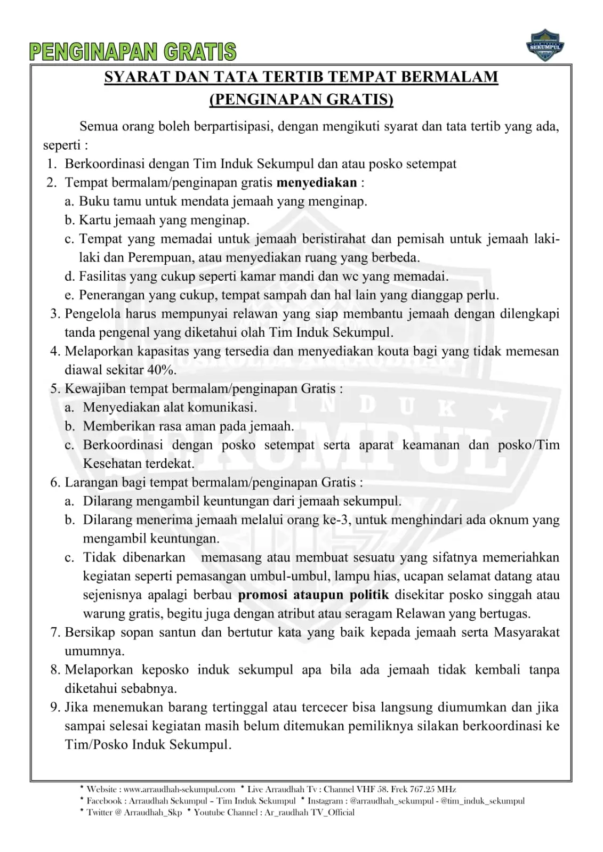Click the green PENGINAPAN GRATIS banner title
click(133, 52)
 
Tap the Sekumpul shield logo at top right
click(545, 45)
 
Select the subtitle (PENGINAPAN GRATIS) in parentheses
click(301, 100)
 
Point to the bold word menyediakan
click(317, 183)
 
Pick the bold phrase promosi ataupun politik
click(313, 595)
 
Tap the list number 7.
click(55, 632)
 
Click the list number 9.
click(55, 708)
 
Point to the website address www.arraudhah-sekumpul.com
click(179, 789)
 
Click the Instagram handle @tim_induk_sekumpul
click(483, 801)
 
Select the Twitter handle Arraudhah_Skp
click(153, 813)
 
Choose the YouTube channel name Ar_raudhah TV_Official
click(309, 813)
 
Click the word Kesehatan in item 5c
click(112, 464)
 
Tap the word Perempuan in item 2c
click(160, 258)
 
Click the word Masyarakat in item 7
click(527, 632)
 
